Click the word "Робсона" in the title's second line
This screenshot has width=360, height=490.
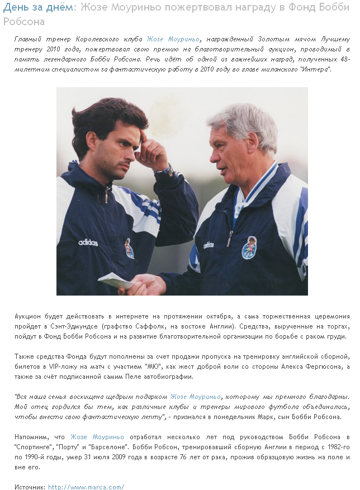click(x=24, y=21)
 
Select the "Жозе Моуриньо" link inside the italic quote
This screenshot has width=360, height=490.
click(x=195, y=397)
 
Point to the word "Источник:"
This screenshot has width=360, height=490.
click(x=30, y=487)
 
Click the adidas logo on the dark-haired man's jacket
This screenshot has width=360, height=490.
click(x=88, y=242)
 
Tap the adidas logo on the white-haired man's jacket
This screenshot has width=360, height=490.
click(x=209, y=244)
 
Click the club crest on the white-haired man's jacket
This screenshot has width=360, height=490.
click(x=249, y=248)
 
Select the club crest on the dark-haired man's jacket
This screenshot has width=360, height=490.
click(x=129, y=249)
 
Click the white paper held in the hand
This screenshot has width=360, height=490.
click(x=115, y=280)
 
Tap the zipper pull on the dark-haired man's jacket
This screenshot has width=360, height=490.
click(x=106, y=196)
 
